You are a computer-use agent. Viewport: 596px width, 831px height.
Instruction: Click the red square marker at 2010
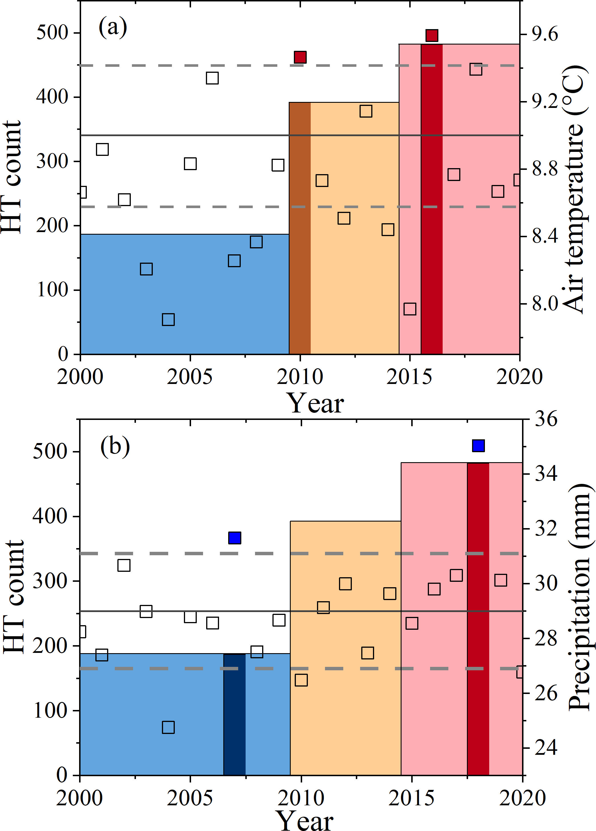click(300, 57)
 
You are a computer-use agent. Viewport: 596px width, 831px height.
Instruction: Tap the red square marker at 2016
click(432, 36)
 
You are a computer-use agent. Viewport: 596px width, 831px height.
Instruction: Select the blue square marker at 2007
click(234, 538)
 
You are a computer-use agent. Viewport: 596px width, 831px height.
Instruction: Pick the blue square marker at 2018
click(478, 446)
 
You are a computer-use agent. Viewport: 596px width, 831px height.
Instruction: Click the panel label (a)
click(113, 27)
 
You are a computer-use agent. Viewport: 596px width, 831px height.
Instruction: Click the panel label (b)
click(115, 447)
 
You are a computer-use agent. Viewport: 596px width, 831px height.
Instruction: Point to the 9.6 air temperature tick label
click(545, 34)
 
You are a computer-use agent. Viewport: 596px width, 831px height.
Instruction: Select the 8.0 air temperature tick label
click(545, 303)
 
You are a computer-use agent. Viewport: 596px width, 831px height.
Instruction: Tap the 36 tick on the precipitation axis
click(546, 419)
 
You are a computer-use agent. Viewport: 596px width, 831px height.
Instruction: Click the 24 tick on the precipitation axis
click(546, 747)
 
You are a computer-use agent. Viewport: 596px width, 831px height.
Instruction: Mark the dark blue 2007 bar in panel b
click(234, 715)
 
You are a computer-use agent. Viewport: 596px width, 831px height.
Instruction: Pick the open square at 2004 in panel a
click(168, 319)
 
